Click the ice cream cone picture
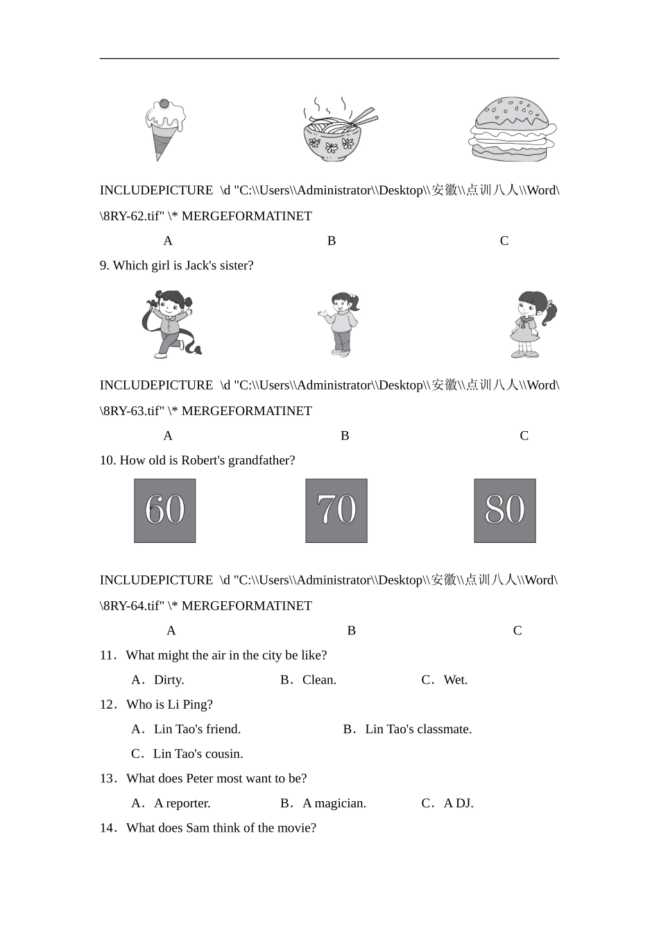[164, 129]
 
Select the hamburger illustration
[513, 130]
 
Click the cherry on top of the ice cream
[164, 103]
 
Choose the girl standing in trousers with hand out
[341, 324]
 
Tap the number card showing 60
[165, 510]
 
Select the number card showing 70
[336, 510]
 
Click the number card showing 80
[505, 510]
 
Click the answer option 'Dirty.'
[169, 680]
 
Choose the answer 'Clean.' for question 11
[319, 680]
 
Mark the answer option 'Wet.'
[455, 680]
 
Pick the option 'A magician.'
[334, 803]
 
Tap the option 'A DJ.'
[458, 803]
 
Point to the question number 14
[108, 828]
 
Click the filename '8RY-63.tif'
[133, 411]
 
